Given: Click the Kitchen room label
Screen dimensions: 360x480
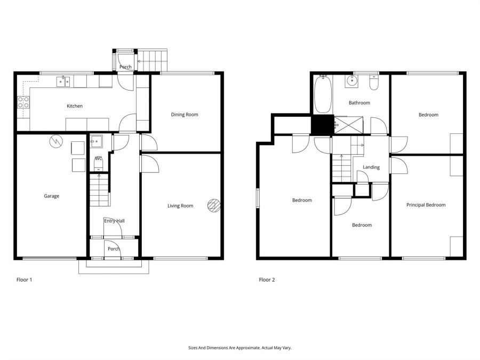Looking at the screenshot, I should tap(75, 106).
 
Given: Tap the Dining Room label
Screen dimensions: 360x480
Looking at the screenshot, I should tap(185, 115).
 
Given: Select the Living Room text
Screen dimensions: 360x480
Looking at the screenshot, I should tap(180, 206).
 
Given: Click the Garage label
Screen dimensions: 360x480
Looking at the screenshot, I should tap(51, 196).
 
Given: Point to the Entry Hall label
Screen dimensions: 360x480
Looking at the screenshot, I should tap(114, 221).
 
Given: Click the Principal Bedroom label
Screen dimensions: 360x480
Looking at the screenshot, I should tap(426, 205).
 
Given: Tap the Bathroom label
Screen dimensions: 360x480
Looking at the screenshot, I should tap(359, 103).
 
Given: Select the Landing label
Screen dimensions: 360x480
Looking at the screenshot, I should tap(371, 167).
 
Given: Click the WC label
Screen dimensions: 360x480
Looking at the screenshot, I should tap(99, 159).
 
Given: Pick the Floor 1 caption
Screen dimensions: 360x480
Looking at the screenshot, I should tap(25, 279).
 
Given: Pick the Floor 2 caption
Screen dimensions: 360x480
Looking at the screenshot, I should tap(267, 279).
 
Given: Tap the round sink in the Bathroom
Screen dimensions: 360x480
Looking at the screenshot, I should tap(352, 82).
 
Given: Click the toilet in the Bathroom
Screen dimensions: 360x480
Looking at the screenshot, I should tap(374, 83).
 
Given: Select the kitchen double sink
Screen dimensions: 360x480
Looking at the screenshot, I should tap(64, 82).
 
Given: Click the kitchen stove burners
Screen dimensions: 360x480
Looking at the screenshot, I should tap(23, 102).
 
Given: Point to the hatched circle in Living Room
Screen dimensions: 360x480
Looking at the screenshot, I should tap(213, 205).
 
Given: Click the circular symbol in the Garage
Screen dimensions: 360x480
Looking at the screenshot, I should tap(55, 142).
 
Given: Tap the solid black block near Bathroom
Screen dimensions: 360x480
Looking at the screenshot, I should tap(322, 125).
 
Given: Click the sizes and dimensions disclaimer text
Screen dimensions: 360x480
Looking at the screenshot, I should tap(240, 348).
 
